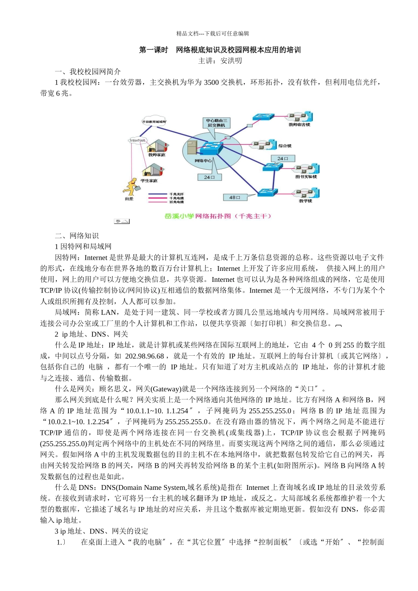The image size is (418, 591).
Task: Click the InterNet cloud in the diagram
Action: click(137, 140)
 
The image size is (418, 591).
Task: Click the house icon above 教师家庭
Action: click(157, 146)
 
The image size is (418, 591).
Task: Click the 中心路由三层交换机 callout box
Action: click(216, 123)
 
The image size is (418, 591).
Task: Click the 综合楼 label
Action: click(285, 146)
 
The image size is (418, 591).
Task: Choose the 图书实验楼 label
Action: click(306, 177)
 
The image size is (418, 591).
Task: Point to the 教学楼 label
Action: click(305, 201)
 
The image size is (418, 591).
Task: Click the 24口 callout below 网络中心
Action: click(209, 177)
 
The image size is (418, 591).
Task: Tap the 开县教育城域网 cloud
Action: click(154, 121)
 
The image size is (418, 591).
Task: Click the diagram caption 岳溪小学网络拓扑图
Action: click(218, 216)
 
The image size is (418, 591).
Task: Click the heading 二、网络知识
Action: click(77, 236)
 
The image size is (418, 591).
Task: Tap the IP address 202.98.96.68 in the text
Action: click(144, 356)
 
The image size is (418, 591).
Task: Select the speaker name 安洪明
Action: click(231, 61)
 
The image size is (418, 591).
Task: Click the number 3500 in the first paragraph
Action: click(211, 82)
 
